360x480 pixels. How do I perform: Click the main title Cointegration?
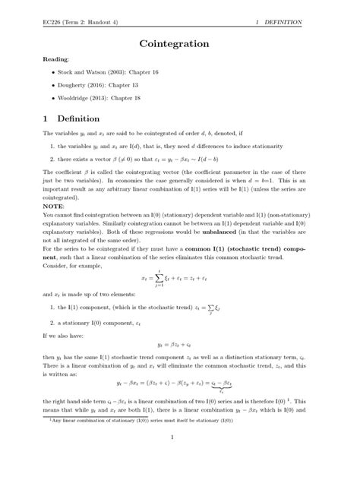(x=179, y=45)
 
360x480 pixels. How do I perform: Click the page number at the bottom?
(x=180, y=458)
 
